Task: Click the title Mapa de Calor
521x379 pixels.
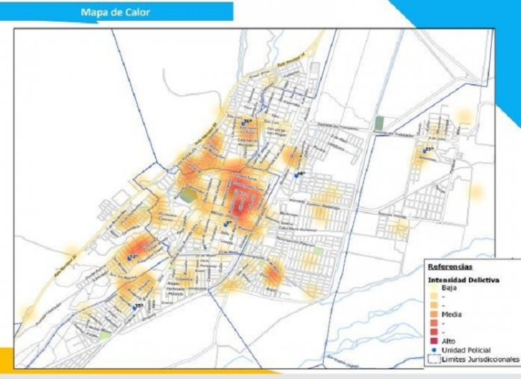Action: (x=115, y=12)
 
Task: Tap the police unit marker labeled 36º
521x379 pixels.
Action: (x=243, y=122)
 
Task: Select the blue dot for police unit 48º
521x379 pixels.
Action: (x=297, y=175)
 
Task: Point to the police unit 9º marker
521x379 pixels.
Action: (x=224, y=223)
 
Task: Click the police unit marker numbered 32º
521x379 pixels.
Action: (x=129, y=258)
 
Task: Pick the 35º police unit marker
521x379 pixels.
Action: (x=134, y=307)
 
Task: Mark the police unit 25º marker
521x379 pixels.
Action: (x=424, y=150)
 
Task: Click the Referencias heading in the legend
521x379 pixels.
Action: (x=450, y=266)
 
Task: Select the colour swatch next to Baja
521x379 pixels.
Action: (x=433, y=288)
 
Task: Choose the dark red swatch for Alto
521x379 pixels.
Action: (x=433, y=341)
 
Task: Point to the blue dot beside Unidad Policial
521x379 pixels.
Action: (x=433, y=350)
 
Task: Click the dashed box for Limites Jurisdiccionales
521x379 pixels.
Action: (x=433, y=359)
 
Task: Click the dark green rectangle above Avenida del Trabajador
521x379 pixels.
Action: (x=379, y=123)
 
